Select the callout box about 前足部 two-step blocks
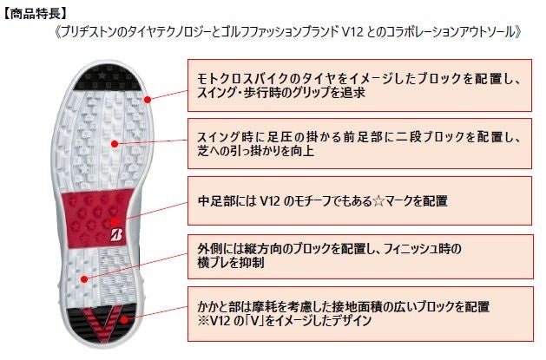[x=359, y=142]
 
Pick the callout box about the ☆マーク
[x=359, y=201]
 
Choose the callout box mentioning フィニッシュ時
[x=359, y=256]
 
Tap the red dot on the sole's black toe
[x=148, y=99]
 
